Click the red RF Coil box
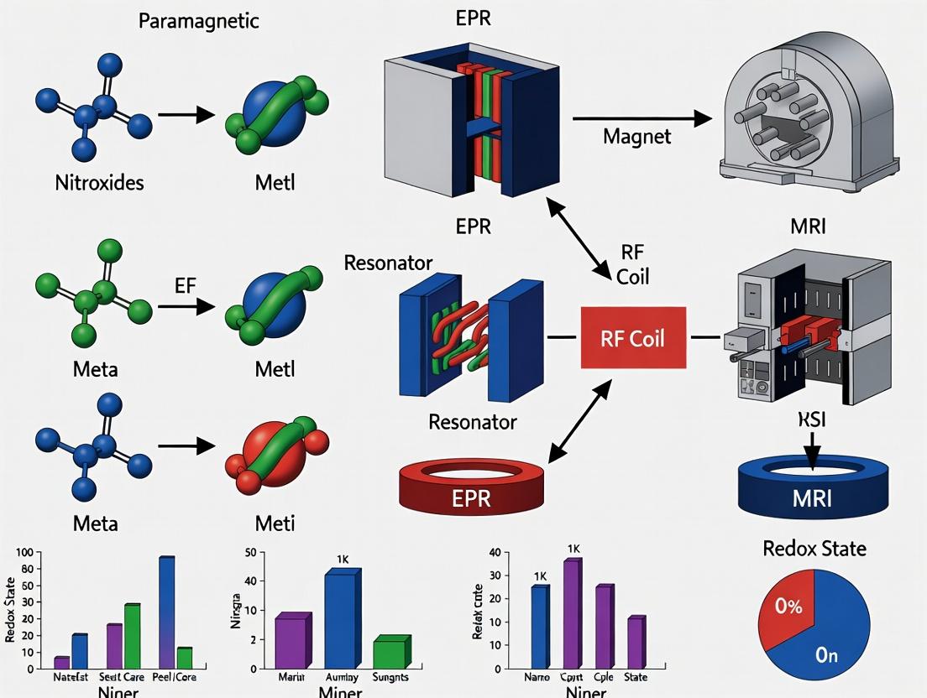click(x=633, y=338)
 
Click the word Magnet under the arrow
click(x=637, y=136)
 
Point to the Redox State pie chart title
click(x=814, y=549)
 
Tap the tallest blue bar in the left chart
click(x=166, y=612)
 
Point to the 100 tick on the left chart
click(x=22, y=553)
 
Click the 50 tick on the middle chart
click(x=249, y=552)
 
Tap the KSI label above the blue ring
click(x=811, y=420)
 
